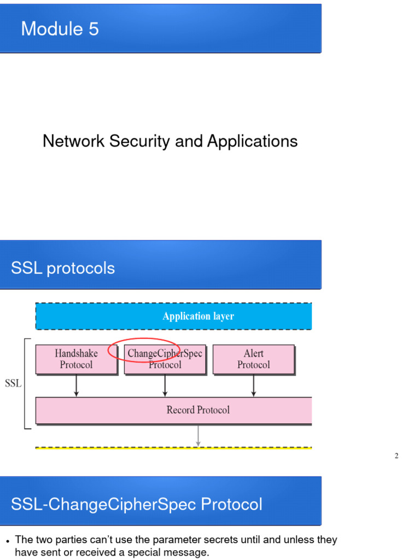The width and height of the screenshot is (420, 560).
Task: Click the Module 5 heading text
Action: pyautogui.click(x=60, y=28)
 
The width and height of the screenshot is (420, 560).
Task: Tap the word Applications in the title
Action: pyautogui.click(x=252, y=141)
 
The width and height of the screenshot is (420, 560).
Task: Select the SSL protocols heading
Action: pyautogui.click(x=63, y=269)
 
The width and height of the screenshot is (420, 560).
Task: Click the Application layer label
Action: pyautogui.click(x=198, y=316)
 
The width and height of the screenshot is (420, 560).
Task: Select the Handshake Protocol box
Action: pyautogui.click(x=76, y=359)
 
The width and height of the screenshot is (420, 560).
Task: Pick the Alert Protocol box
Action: pyautogui.click(x=253, y=359)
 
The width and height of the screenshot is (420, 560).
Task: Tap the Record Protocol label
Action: pyautogui.click(x=198, y=410)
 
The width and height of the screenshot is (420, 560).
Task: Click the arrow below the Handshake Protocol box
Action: pyautogui.click(x=76, y=386)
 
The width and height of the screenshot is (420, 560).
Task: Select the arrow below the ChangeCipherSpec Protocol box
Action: pyautogui.click(x=165, y=386)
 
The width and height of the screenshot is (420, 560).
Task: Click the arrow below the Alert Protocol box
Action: pyautogui.click(x=253, y=386)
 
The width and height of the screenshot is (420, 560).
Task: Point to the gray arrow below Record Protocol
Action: pyautogui.click(x=198, y=435)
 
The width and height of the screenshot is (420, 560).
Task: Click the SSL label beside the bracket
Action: pyautogui.click(x=13, y=383)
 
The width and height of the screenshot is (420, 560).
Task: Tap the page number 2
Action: pyautogui.click(x=396, y=456)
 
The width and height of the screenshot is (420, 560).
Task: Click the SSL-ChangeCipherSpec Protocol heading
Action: pyautogui.click(x=137, y=504)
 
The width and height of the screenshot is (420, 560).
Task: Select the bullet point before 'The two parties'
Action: pyautogui.click(x=8, y=541)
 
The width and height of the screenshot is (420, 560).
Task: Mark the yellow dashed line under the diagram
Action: pyautogui.click(x=173, y=448)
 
